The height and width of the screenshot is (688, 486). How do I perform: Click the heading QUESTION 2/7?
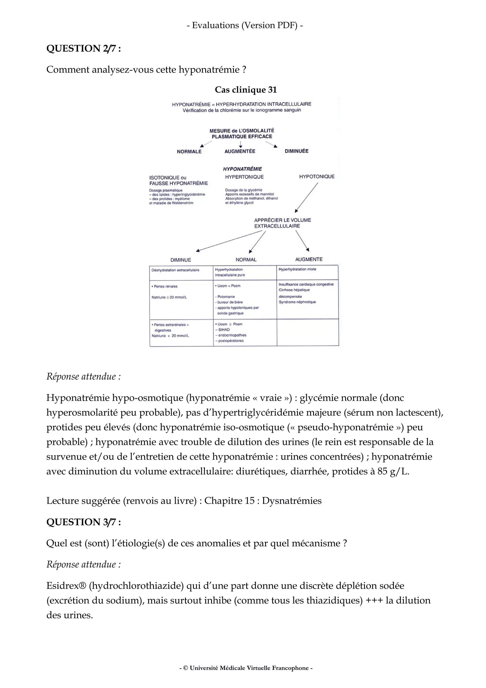tap(84, 48)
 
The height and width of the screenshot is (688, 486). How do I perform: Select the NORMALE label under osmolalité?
tap(189, 152)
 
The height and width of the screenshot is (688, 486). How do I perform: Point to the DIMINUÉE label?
tap(296, 151)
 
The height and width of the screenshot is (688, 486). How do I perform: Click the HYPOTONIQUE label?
tap(317, 176)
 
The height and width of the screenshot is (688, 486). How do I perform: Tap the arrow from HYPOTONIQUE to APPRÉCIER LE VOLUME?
tap(307, 198)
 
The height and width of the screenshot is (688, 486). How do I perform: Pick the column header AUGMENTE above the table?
tap(308, 259)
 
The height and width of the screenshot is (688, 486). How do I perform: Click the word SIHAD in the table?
tap(224, 330)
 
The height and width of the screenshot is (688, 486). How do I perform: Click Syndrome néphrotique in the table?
tap(297, 302)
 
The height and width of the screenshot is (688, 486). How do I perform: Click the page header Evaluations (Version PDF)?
tap(245, 25)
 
